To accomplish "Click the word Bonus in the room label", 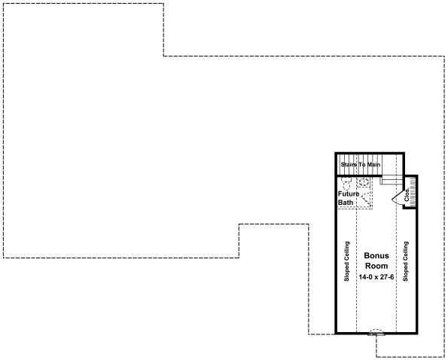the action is tap(376, 255).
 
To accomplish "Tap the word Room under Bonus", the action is tap(376, 266).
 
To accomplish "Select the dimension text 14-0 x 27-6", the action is tap(376, 277).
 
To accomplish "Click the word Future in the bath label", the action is tap(349, 194).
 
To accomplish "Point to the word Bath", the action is tap(346, 203).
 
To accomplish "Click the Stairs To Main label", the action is tap(361, 165).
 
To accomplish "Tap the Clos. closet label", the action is tap(407, 195).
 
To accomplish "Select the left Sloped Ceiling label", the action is tap(346, 261).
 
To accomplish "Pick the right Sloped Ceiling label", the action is tap(405, 261).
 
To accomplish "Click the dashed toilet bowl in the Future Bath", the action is tap(346, 184).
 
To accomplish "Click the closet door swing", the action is tap(397, 197).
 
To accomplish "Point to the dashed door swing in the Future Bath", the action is tap(367, 200).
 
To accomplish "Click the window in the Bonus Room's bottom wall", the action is tap(376, 333).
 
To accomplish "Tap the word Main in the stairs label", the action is tap(373, 165).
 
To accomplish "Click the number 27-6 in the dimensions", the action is tap(388, 277).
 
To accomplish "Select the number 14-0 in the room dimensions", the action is tap(366, 277).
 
